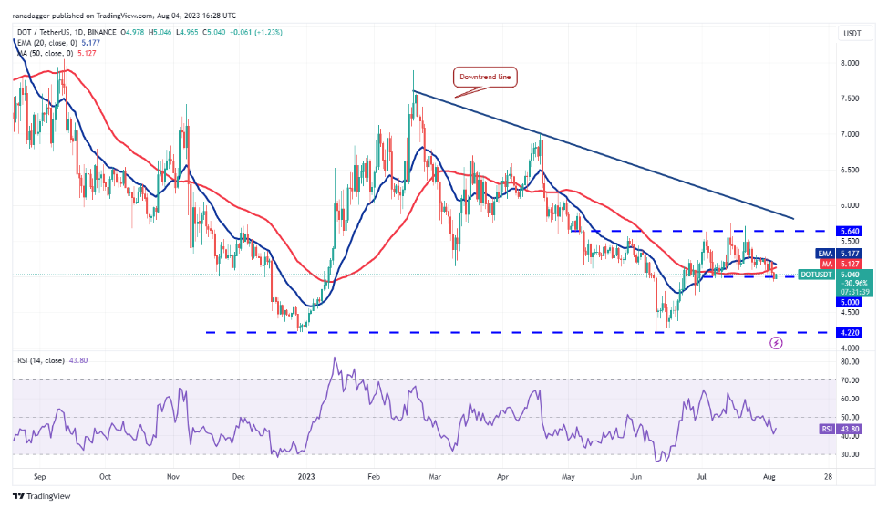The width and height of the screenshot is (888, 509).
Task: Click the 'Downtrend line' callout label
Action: point(486,78)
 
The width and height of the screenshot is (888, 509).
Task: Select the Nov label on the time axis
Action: point(172,476)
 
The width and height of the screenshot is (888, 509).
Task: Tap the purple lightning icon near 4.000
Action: point(776,343)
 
